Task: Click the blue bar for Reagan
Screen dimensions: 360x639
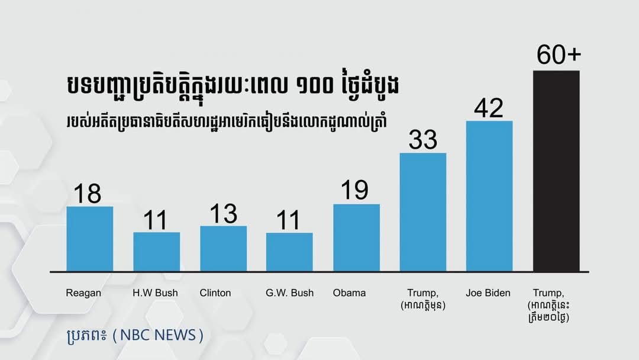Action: (x=89, y=239)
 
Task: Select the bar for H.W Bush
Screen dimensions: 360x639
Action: (x=156, y=252)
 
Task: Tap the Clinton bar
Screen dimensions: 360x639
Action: (x=223, y=249)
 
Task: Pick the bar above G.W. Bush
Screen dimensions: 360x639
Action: (x=289, y=252)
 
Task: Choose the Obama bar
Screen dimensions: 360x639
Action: (x=356, y=237)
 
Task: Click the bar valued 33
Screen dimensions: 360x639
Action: (x=423, y=212)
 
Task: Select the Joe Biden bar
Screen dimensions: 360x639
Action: (x=489, y=196)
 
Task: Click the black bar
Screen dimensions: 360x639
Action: (x=556, y=171)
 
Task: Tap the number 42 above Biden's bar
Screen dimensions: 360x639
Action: (x=489, y=108)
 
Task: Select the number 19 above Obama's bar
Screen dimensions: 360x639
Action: (x=355, y=191)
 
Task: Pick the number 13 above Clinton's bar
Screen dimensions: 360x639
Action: (x=224, y=213)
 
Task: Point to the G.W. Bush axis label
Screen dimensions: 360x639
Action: (x=289, y=293)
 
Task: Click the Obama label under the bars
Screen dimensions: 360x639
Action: (x=349, y=293)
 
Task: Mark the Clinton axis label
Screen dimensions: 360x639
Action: (x=215, y=293)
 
